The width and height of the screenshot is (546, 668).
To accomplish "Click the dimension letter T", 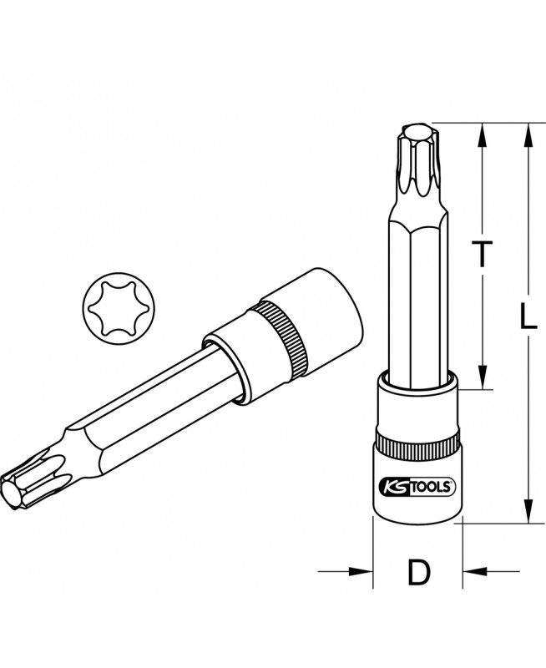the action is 482,254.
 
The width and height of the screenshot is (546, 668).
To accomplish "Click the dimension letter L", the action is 528,316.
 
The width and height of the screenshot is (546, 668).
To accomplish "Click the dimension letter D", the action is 418,572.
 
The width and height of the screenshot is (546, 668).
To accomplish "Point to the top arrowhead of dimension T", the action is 482,135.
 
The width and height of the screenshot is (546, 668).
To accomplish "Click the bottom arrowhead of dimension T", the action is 482,377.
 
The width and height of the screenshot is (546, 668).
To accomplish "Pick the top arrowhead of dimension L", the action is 528,135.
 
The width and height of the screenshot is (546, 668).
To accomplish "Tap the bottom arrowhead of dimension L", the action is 528,510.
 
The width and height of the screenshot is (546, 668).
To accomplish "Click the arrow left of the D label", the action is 346,571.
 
